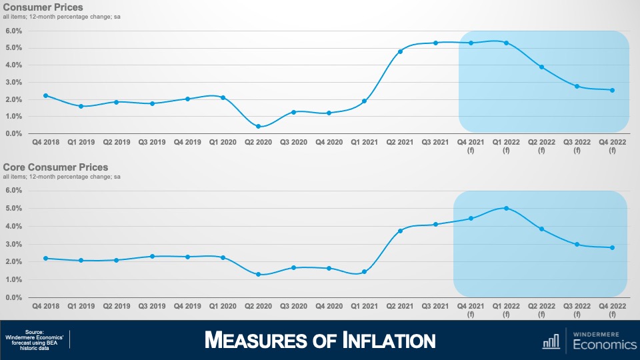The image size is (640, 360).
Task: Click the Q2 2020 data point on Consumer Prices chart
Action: tap(258, 127)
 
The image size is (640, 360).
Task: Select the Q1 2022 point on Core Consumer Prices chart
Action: tap(507, 208)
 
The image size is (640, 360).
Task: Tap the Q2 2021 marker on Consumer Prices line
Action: tap(400, 51)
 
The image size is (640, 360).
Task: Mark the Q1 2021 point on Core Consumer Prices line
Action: tap(365, 272)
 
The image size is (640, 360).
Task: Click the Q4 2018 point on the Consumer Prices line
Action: tap(45, 95)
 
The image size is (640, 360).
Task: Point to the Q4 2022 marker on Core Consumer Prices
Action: tap(612, 248)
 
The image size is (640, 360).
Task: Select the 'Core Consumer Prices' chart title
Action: tap(55, 167)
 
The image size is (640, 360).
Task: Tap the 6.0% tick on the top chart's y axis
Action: tap(14, 31)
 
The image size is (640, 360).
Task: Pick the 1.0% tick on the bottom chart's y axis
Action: tap(14, 280)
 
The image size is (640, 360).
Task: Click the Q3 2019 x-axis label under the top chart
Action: tap(151, 143)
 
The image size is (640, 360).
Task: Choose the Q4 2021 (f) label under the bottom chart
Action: tap(471, 309)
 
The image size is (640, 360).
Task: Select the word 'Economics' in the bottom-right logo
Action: tap(605, 345)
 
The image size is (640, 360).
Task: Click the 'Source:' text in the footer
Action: tap(34, 332)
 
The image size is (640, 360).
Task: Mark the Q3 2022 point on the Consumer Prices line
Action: tap(577, 87)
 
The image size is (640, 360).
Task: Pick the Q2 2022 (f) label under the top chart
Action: tap(542, 146)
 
